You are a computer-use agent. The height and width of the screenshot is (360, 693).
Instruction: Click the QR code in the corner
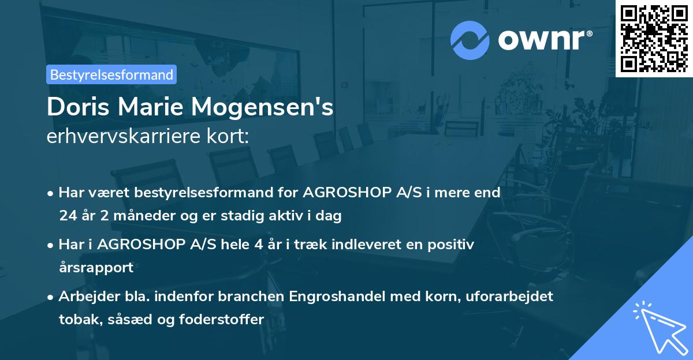click(654, 38)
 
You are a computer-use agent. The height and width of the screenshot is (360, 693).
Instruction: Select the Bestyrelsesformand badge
click(111, 74)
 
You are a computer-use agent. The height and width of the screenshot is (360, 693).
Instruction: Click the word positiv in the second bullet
click(453, 245)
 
